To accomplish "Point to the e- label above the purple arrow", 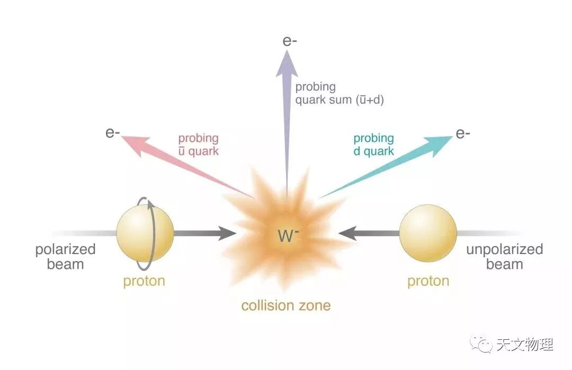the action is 290,41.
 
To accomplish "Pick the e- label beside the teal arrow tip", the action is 463,133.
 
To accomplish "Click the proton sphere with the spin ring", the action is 145,233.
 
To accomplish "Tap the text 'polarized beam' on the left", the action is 65,257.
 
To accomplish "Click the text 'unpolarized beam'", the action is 504,257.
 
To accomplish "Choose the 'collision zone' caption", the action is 286,305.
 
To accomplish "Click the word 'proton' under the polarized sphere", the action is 144,281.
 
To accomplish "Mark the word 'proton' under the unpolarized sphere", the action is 428,281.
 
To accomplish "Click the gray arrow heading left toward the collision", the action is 369,233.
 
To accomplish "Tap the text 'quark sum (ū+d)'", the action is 339,100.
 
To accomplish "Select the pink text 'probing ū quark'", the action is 198,145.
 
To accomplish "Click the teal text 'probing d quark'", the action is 374,145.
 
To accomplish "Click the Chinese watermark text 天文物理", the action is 525,345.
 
